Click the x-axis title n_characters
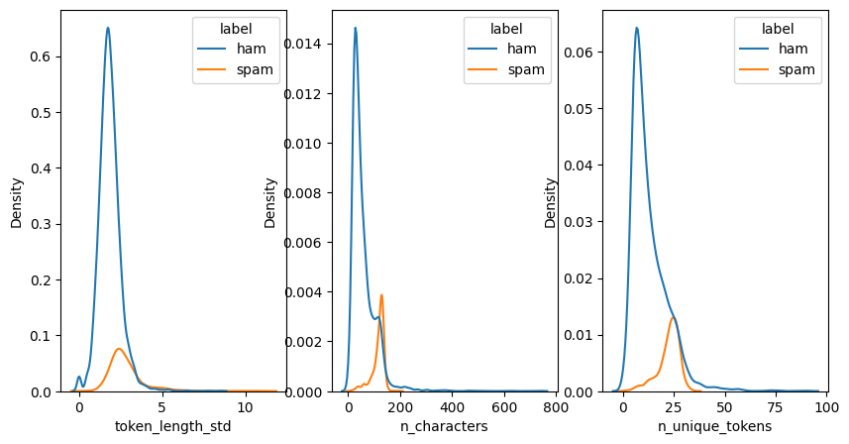click(x=446, y=427)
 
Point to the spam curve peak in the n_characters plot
click(x=381, y=295)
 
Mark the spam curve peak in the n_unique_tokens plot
click(x=674, y=318)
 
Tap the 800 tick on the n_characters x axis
click(x=556, y=406)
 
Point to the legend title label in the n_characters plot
click(x=506, y=30)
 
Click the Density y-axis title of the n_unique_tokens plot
click(x=551, y=202)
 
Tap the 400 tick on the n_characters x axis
click(x=452, y=406)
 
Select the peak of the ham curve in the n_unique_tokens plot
click(x=637, y=55)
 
